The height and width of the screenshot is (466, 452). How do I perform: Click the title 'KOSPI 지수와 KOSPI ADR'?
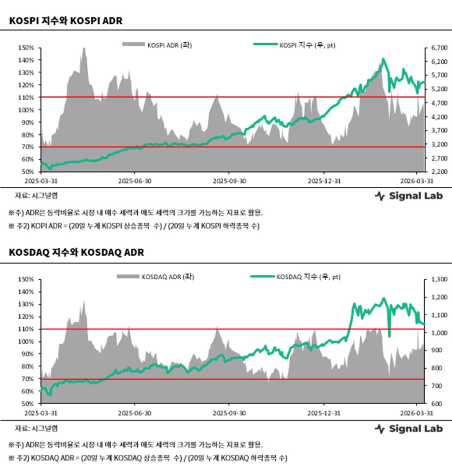(66, 21)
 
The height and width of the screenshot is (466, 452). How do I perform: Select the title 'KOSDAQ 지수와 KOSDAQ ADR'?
(76, 252)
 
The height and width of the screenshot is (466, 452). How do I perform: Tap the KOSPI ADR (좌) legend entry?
(157, 45)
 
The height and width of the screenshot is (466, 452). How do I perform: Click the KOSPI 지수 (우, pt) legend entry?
(294, 45)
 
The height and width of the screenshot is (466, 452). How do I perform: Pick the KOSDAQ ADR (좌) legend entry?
(156, 277)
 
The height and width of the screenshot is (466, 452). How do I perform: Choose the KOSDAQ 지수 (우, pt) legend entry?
(295, 277)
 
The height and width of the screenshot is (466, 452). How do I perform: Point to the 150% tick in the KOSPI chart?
(26, 48)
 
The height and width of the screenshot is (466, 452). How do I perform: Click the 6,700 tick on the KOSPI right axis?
(439, 48)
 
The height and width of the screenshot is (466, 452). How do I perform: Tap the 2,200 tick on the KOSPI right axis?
(439, 171)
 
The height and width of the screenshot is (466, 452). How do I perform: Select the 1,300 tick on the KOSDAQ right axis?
(439, 279)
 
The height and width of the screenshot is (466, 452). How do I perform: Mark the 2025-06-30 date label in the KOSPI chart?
(134, 181)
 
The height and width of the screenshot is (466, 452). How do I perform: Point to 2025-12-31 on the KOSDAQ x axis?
(324, 413)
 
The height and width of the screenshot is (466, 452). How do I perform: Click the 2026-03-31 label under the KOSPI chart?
(417, 181)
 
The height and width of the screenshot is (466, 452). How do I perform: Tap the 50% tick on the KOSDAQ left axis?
(27, 403)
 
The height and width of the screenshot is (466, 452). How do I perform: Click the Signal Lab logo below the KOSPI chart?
(409, 196)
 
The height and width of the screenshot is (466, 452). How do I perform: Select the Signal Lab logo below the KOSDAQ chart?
(409, 429)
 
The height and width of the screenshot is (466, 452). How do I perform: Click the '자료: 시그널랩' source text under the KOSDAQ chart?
(36, 428)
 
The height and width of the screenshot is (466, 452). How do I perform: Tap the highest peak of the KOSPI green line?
(383, 59)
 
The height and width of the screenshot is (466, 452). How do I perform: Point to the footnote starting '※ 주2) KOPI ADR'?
(133, 226)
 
